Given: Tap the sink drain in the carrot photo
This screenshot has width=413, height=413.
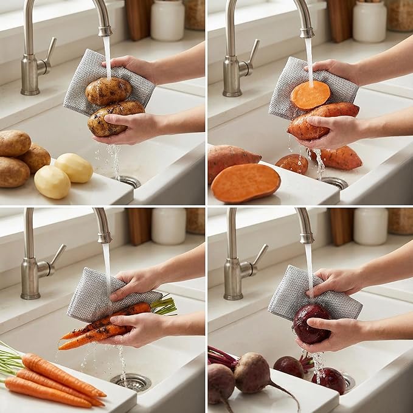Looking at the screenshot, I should pyautogui.click(x=131, y=381).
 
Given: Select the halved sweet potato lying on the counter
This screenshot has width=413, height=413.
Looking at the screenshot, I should pyautogui.click(x=245, y=182).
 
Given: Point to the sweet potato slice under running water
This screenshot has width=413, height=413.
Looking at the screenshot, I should pyautogui.click(x=310, y=95).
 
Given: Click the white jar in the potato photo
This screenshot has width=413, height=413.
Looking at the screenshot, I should pyautogui.click(x=167, y=19).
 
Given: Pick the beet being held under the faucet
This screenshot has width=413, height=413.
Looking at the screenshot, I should pyautogui.click(x=311, y=323).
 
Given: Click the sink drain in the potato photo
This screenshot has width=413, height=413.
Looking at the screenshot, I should pyautogui.click(x=128, y=181).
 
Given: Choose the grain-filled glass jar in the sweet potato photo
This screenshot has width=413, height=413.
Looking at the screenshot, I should pyautogui.click(x=400, y=15).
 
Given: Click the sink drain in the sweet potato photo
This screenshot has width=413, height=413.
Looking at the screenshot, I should pyautogui.click(x=333, y=182).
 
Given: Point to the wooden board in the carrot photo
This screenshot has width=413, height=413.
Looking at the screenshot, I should pyautogui.click(x=139, y=226).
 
